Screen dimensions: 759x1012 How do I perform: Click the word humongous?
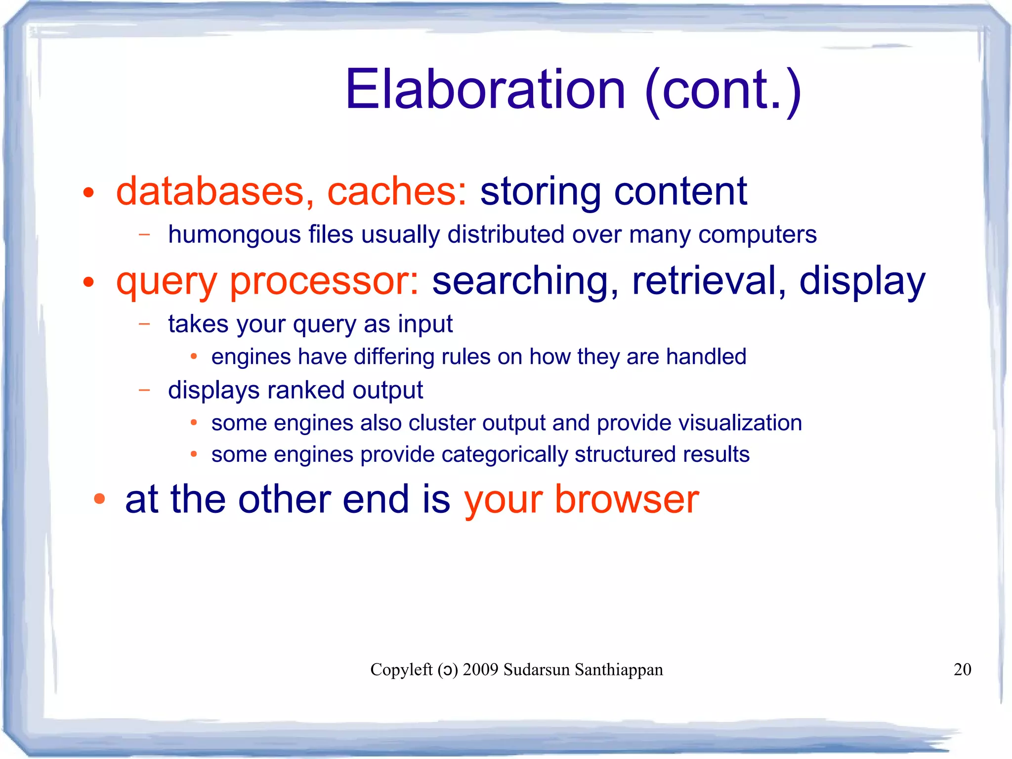point(234,235)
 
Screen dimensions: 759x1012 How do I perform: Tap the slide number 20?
point(962,670)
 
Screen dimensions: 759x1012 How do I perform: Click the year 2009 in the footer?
point(480,670)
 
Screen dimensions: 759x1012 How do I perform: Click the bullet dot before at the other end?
point(99,499)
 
